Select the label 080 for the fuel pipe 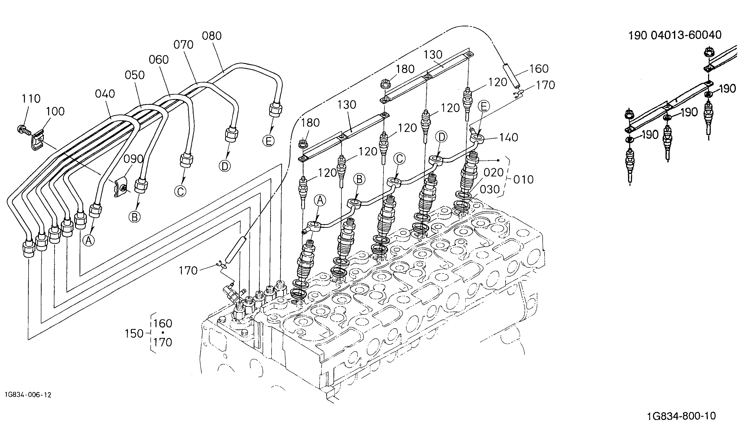tap(212, 36)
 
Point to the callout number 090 tap(133, 159)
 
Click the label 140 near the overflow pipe tap(509, 137)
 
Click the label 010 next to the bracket tap(524, 179)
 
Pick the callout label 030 tap(489, 190)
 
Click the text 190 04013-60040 tap(675, 35)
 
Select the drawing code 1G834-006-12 tap(28, 395)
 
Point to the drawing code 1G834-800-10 tap(681, 416)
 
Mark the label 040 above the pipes tap(105, 94)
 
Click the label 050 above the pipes tap(134, 75)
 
